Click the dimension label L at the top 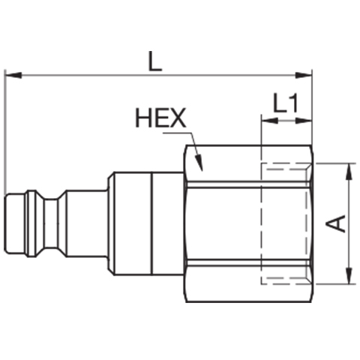tap(155, 61)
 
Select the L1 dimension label tap(286, 103)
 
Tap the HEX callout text tap(160, 118)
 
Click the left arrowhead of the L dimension tap(13, 75)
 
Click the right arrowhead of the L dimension tap(304, 75)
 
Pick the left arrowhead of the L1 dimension tap(269, 121)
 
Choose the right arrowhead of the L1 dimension tap(304, 121)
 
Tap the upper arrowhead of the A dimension tap(349, 172)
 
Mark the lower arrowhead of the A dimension tap(349, 275)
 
